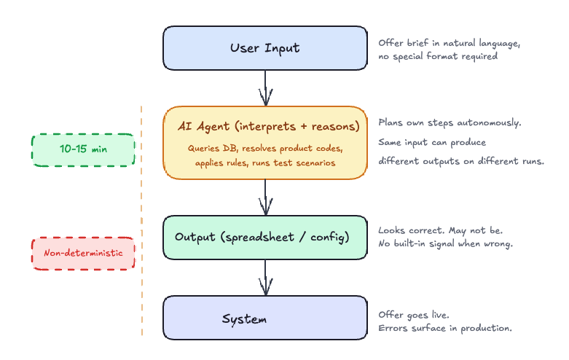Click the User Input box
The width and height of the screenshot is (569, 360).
point(264,48)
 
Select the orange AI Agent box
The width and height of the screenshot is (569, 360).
point(264,143)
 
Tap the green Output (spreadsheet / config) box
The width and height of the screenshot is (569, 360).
point(264,238)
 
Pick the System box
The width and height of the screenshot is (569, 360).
point(264,318)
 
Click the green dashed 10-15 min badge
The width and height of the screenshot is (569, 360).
point(84,149)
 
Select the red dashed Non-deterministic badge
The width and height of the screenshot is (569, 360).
point(84,253)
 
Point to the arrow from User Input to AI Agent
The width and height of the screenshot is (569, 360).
point(265,89)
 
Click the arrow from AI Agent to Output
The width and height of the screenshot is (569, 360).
point(265,197)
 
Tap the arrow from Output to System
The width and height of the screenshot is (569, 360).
point(265,278)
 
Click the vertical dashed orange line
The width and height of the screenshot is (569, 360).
point(141,219)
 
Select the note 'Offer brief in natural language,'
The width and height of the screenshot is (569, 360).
point(449,43)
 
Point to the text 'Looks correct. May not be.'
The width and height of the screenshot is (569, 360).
point(441,230)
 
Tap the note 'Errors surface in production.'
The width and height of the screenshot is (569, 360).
point(445,328)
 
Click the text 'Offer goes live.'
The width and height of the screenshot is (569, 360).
point(414,314)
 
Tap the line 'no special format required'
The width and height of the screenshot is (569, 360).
point(438,56)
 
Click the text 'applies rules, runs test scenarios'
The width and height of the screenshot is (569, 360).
point(265,163)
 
